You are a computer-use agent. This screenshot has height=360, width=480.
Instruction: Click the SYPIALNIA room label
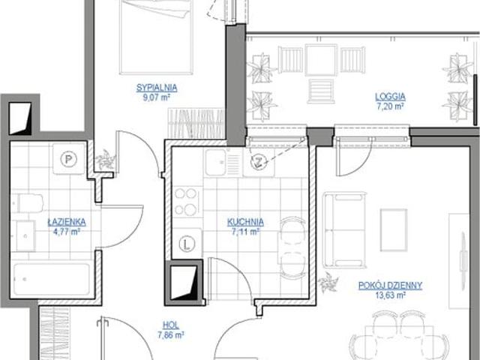pyautogui.click(x=157, y=88)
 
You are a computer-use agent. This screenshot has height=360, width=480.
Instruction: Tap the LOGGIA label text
pyautogui.click(x=390, y=97)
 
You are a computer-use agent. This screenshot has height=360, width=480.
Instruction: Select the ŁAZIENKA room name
pyautogui.click(x=67, y=222)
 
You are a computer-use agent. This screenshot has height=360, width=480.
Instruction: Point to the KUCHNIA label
pyautogui.click(x=245, y=222)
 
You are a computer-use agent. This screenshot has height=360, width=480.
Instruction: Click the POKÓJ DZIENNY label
pyautogui.click(x=390, y=286)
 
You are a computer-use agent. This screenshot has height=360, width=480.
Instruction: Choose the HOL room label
pyautogui.click(x=171, y=325)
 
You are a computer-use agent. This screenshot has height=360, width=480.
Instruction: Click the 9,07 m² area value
pyautogui.click(x=157, y=97)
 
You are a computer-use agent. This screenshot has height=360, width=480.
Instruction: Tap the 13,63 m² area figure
pyautogui.click(x=390, y=295)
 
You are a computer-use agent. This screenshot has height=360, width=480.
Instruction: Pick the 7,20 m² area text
pyautogui.click(x=390, y=106)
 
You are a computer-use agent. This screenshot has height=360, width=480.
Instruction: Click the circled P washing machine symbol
pyautogui.click(x=68, y=159)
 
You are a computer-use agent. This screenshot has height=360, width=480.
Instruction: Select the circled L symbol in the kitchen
pyautogui.click(x=187, y=244)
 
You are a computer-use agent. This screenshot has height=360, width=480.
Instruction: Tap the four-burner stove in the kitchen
pyautogui.click(x=187, y=202)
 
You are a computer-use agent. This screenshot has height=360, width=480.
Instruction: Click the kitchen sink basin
pyautogui.click(x=215, y=163)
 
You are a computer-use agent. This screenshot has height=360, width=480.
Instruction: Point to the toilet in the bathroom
pyautogui.click(x=28, y=203)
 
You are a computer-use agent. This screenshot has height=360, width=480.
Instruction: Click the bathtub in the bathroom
pyautogui.click(x=52, y=279)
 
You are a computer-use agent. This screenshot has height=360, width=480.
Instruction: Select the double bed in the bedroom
pyautogui.click(x=156, y=37)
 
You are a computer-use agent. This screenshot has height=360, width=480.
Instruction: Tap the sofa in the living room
pyautogui.click(x=345, y=230)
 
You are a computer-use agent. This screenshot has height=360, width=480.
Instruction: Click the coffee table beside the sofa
pyautogui.click(x=394, y=230)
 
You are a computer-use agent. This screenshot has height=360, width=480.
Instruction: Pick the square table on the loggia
pyautogui.click(x=321, y=60)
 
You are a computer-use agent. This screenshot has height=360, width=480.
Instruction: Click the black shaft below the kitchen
pyautogui.click(x=184, y=283)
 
